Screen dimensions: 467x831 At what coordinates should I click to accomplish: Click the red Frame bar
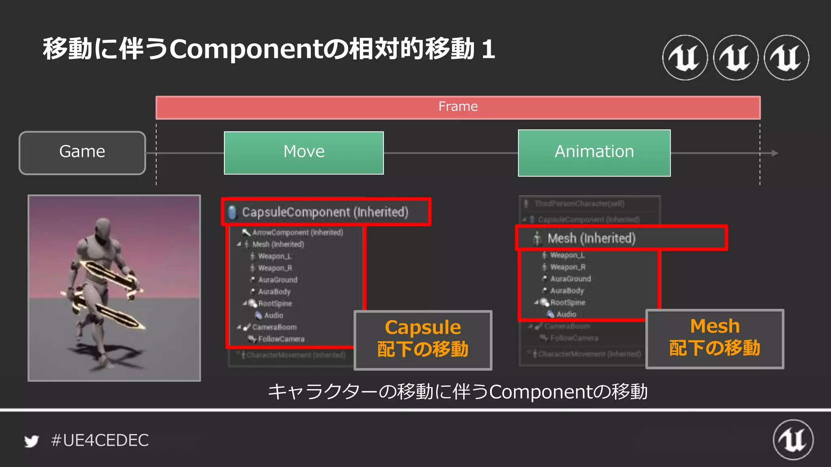point(458,107)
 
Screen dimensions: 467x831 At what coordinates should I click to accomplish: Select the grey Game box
point(82,153)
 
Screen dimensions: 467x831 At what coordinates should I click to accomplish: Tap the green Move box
point(304,153)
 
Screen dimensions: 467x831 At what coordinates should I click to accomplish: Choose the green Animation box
point(594,153)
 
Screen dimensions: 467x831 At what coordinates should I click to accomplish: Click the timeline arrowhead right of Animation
point(775,153)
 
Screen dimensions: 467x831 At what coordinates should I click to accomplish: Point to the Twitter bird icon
point(31,441)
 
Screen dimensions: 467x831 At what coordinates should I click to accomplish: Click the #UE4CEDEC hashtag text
point(100,440)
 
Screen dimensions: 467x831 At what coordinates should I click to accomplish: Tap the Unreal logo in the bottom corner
point(793,440)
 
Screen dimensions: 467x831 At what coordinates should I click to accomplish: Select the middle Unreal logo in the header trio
point(736,58)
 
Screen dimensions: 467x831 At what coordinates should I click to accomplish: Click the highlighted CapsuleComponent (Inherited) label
point(325,212)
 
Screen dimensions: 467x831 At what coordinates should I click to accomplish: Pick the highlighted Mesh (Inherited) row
point(591,238)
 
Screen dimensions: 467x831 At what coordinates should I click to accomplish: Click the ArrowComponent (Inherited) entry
point(297,232)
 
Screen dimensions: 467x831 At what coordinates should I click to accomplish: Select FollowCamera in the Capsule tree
point(281,339)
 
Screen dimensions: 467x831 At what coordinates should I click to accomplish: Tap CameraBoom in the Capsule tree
point(274,327)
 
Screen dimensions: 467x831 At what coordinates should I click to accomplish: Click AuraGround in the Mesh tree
point(571,279)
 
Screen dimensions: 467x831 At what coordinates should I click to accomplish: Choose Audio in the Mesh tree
point(566,314)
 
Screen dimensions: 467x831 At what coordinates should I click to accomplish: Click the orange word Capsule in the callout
point(423,328)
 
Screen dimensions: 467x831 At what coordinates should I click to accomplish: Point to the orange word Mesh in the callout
point(715,326)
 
